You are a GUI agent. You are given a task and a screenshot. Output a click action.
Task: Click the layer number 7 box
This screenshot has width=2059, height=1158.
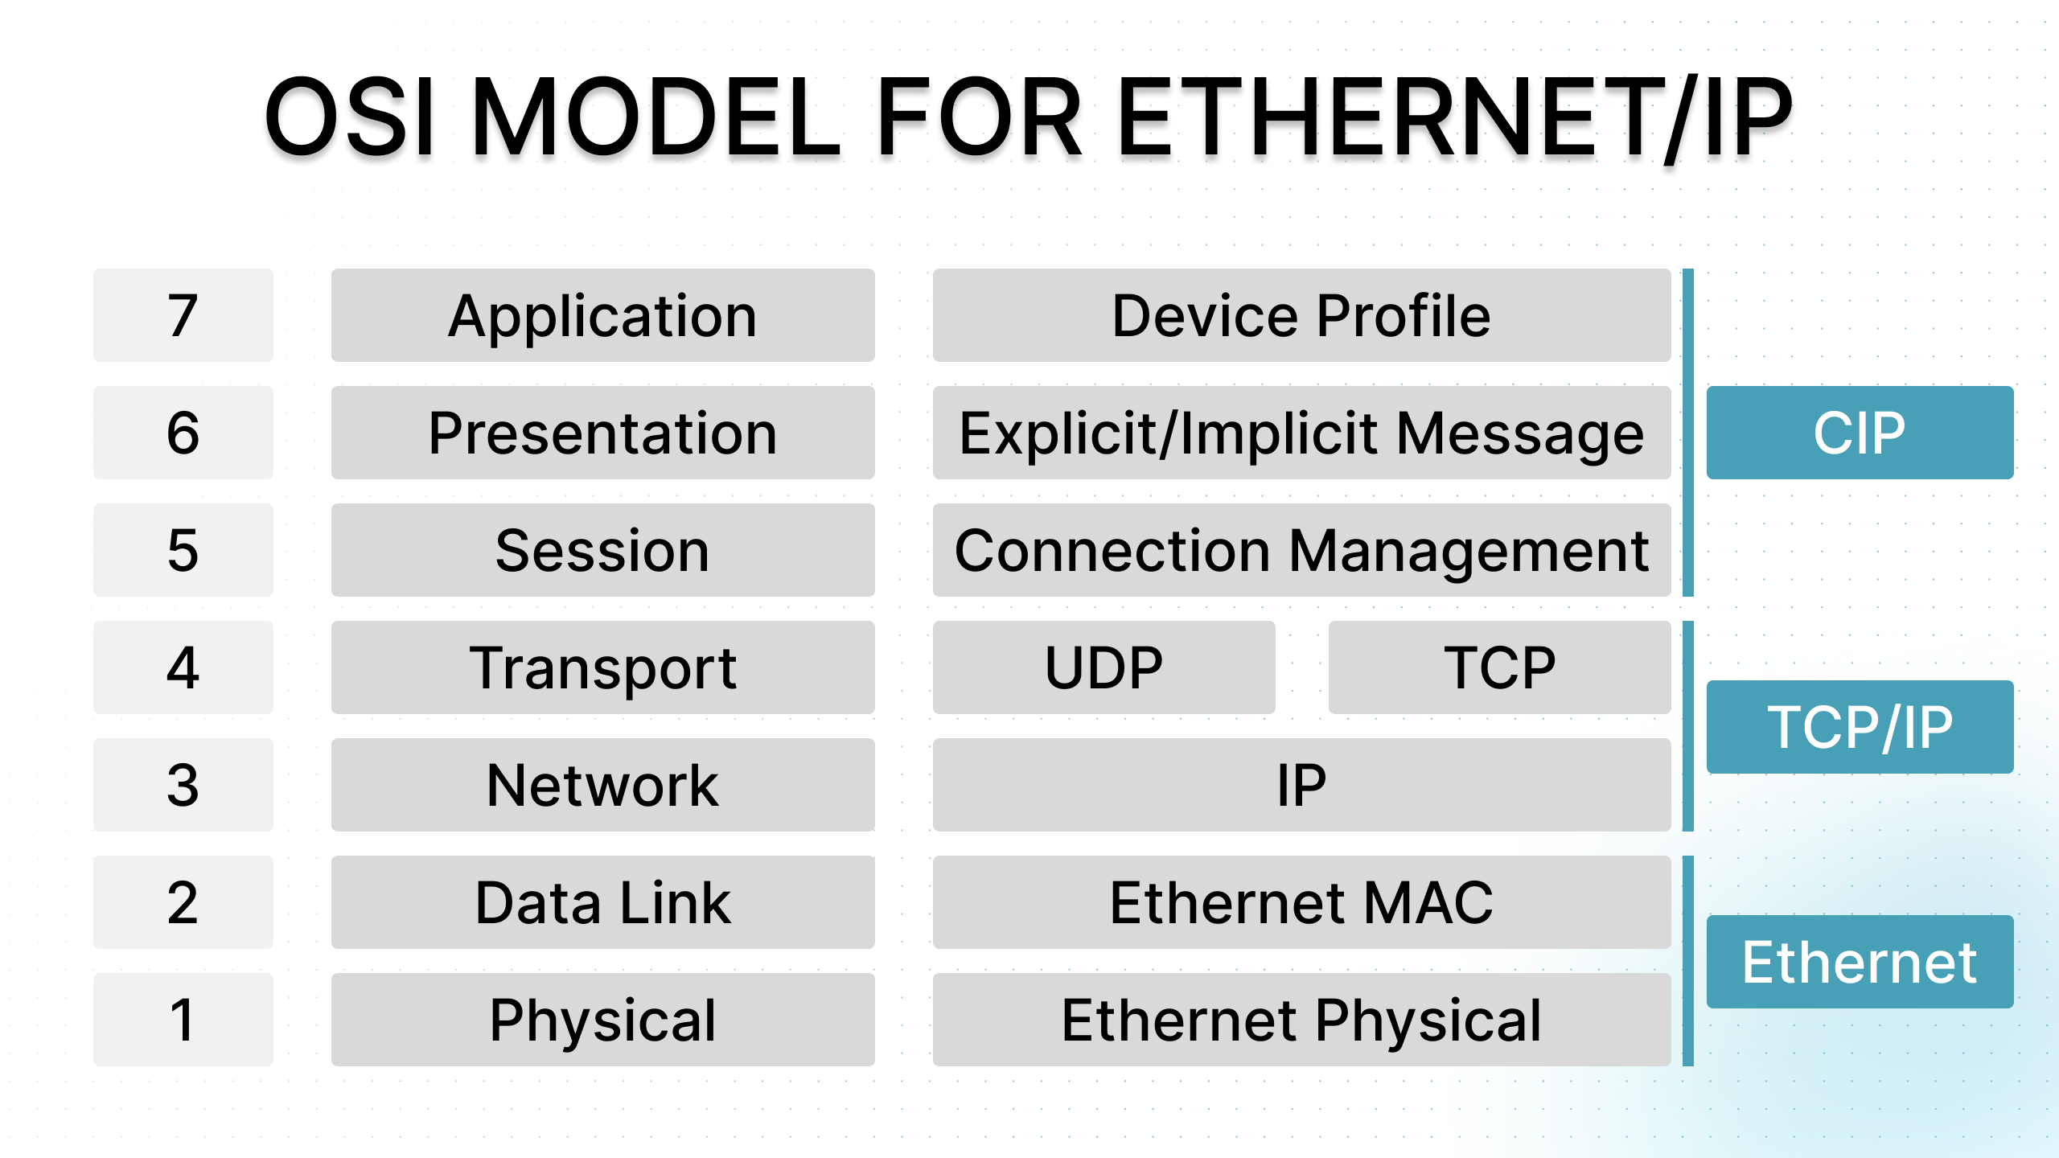(x=183, y=315)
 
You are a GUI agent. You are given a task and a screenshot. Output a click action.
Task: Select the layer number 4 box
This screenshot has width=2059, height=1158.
(x=183, y=667)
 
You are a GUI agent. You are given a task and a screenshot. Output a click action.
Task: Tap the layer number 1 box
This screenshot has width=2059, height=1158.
(x=183, y=1020)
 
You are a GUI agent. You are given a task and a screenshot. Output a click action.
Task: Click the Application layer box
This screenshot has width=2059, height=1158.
(x=603, y=315)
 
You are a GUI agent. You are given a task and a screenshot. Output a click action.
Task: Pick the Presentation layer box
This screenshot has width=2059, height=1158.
(x=603, y=433)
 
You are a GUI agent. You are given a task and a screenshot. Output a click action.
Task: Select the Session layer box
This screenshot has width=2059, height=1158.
(x=603, y=550)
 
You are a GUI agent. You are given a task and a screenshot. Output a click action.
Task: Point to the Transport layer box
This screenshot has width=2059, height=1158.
(x=603, y=667)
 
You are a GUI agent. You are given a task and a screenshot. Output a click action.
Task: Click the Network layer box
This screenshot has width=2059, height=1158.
(x=603, y=785)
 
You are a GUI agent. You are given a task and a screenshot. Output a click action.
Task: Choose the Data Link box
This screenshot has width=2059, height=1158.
(x=603, y=902)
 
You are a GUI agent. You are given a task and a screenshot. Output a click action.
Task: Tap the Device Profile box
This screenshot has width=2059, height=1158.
(x=1302, y=315)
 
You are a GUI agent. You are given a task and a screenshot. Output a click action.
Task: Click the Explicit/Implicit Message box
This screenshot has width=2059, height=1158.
(x=1302, y=433)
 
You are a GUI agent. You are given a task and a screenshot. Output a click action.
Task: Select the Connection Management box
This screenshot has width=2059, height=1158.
(x=1302, y=550)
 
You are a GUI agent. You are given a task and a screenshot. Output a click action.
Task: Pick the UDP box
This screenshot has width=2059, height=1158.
(x=1104, y=667)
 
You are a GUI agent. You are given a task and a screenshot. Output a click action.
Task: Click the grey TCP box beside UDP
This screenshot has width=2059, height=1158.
(x=1500, y=667)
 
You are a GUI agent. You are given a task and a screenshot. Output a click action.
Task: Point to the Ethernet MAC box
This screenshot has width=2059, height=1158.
(x=1302, y=902)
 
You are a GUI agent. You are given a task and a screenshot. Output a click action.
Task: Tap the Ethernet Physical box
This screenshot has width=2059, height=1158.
(x=1302, y=1020)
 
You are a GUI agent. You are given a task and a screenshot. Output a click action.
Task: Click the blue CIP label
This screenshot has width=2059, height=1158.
(x=1860, y=433)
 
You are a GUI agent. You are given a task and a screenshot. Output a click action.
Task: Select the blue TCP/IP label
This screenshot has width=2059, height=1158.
(x=1860, y=727)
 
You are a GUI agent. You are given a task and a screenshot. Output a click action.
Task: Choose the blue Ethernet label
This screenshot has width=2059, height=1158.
(x=1860, y=962)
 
